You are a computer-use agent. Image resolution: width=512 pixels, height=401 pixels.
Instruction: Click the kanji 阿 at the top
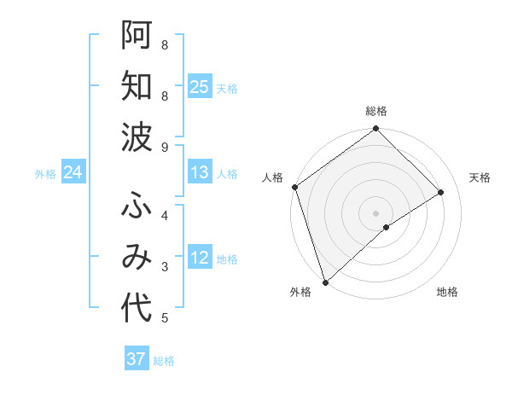click(137, 34)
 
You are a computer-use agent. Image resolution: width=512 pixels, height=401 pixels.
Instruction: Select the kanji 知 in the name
click(137, 86)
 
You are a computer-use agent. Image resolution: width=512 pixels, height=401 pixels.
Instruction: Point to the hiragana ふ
click(137, 205)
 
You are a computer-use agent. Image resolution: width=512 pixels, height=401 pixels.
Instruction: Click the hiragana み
click(137, 257)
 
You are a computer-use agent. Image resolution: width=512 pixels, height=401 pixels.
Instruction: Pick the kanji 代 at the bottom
click(137, 309)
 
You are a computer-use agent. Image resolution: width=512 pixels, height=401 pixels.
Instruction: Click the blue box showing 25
click(200, 87)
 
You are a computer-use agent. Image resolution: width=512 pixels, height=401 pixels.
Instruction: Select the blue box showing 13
click(200, 172)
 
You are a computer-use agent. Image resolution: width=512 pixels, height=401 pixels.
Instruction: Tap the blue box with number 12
click(200, 258)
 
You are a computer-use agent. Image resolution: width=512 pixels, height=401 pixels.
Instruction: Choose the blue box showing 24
click(73, 173)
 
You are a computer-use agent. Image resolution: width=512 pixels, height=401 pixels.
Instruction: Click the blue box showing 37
click(137, 359)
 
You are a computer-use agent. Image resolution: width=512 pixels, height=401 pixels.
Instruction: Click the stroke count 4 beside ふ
click(165, 215)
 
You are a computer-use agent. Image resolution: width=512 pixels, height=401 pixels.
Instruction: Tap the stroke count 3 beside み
click(165, 267)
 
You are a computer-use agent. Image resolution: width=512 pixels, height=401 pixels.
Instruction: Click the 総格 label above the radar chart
click(376, 111)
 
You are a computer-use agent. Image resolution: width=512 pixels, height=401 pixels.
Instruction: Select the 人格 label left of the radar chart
click(273, 177)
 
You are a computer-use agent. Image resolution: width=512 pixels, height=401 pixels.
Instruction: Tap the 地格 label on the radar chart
click(447, 293)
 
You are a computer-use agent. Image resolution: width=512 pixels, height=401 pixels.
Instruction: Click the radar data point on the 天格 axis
click(441, 192)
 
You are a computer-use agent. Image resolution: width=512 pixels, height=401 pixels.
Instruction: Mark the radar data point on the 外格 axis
click(325, 282)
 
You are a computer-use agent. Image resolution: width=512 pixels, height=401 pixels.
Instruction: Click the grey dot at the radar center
click(375, 212)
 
